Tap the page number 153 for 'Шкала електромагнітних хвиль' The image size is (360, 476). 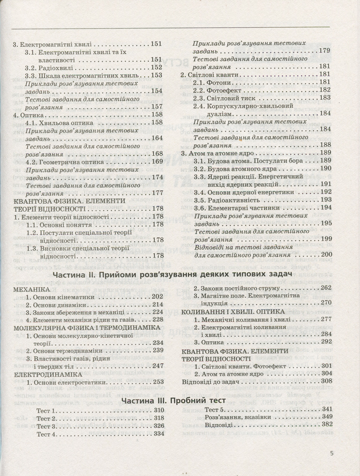tap(157, 76)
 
